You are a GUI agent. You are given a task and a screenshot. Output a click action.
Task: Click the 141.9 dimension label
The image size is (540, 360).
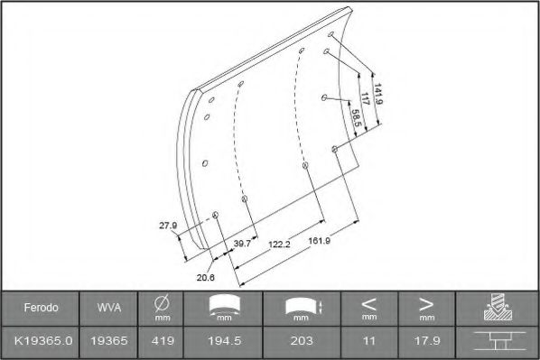click(378, 94)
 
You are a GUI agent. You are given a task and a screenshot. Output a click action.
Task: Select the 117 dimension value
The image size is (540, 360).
click(365, 98)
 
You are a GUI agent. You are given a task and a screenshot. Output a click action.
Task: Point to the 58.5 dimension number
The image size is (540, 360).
click(357, 118)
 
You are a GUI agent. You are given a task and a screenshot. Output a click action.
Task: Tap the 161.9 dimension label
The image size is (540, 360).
click(320, 241)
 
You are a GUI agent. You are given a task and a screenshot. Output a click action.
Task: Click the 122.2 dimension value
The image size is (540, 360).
click(279, 245)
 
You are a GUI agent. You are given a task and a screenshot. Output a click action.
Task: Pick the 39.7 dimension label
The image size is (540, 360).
click(242, 244)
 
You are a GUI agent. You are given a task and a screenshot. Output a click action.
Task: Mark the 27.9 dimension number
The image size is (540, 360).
click(168, 226)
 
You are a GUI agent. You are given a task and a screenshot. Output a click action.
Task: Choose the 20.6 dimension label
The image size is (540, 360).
click(206, 277)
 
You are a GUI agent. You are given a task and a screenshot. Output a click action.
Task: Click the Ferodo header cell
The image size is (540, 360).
click(41, 308)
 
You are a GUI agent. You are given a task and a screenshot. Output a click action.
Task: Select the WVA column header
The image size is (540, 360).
click(109, 308)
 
